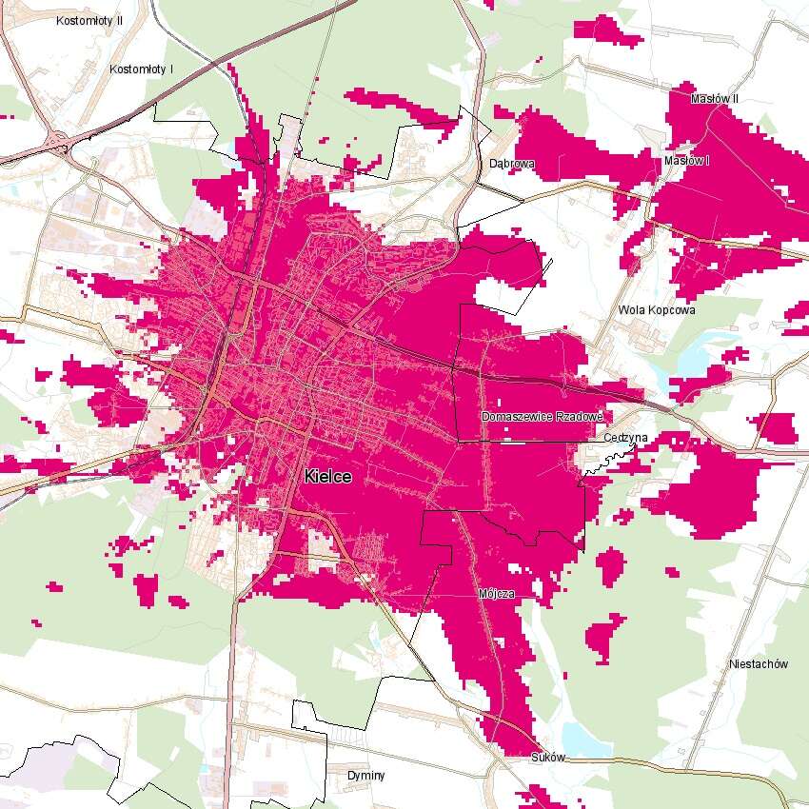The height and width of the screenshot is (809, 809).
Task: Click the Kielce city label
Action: pyautogui.click(x=328, y=477)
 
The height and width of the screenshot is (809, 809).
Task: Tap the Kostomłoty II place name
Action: pyautogui.click(x=89, y=20)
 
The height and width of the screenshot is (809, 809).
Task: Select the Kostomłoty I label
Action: pyautogui.click(x=142, y=69)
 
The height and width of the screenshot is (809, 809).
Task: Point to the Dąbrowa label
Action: pyautogui.click(x=512, y=164)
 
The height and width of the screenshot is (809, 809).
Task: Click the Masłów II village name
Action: pyautogui.click(x=714, y=99)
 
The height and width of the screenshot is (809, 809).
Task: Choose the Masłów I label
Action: pyautogui.click(x=687, y=161)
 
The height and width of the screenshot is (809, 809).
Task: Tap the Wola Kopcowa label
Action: pyautogui.click(x=657, y=310)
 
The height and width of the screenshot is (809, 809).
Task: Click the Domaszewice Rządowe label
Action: pyautogui.click(x=542, y=417)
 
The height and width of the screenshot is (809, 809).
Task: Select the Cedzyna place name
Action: pyautogui.click(x=625, y=438)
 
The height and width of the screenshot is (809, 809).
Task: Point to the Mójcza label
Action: pyautogui.click(x=496, y=593)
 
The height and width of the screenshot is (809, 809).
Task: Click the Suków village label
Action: pyautogui.click(x=548, y=759)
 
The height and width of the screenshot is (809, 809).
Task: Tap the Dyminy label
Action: pyautogui.click(x=366, y=776)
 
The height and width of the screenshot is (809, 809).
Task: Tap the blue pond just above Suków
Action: pyautogui.click(x=574, y=738)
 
